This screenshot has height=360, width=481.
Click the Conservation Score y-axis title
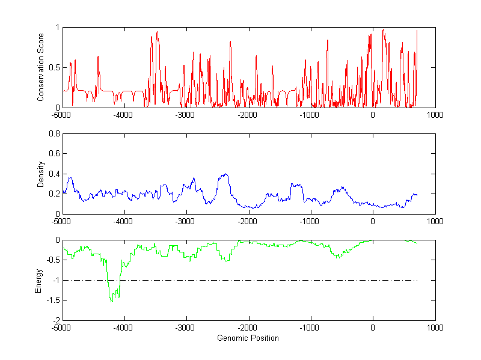41,67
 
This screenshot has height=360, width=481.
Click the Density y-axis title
41,174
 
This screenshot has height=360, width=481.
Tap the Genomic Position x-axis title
248,338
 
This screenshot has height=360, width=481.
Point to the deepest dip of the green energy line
111,301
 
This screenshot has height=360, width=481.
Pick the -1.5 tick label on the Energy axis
52,301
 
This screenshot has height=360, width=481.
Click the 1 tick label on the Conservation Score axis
57,28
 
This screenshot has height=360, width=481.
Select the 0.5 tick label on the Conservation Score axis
54,67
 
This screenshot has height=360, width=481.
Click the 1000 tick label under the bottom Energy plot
435,328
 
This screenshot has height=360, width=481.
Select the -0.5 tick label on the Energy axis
52,260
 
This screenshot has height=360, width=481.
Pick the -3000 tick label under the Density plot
186,222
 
